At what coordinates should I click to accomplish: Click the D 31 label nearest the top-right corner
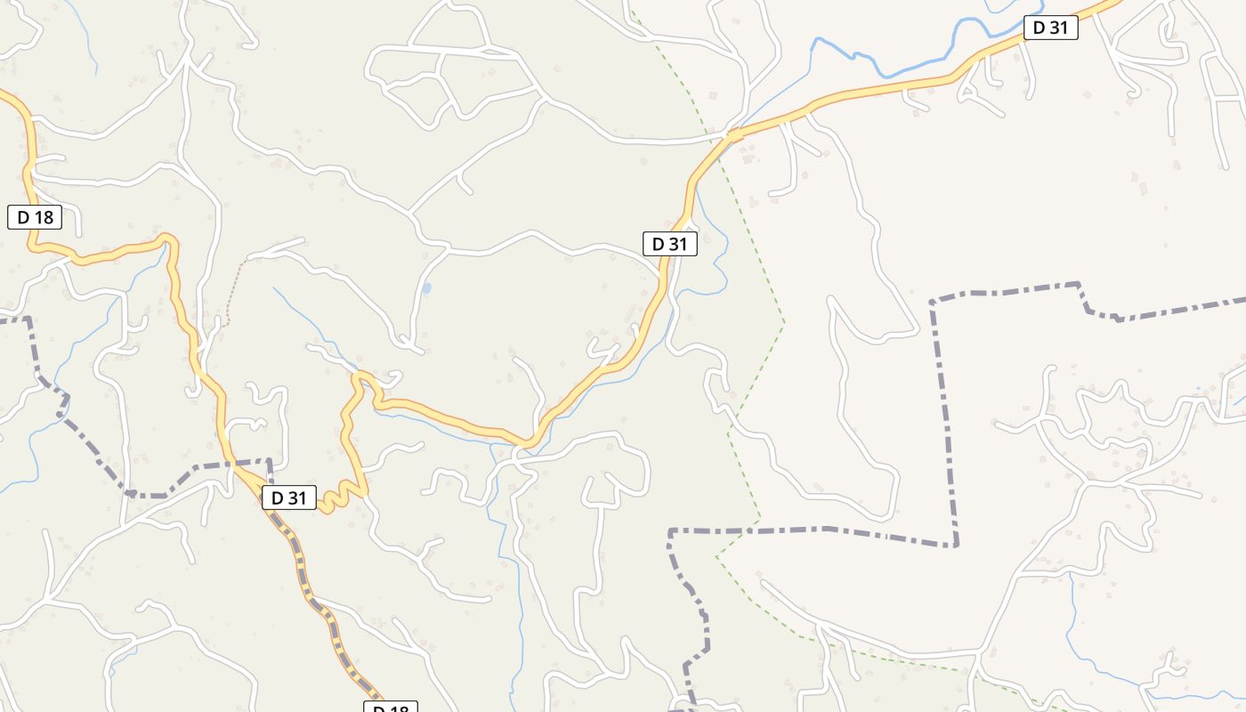click(1050, 28)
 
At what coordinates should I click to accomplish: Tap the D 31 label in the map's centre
click(669, 244)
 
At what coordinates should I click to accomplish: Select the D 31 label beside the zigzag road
click(289, 498)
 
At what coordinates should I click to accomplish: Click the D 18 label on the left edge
click(35, 216)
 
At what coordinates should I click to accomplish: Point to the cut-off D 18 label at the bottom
click(391, 708)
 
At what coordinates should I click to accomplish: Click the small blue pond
click(427, 288)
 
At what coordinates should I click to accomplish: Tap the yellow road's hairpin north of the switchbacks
click(360, 377)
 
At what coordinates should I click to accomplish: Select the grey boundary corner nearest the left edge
click(28, 318)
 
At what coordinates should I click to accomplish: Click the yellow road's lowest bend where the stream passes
click(527, 441)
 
